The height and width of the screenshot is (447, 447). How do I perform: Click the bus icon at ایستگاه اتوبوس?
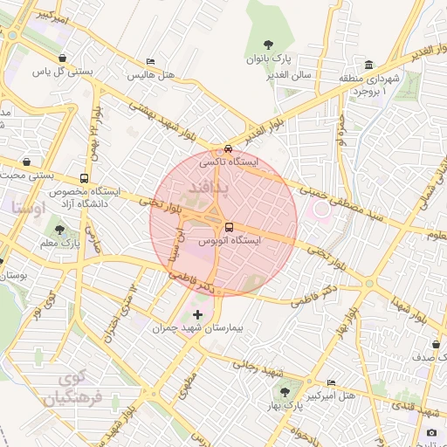pos(229,227)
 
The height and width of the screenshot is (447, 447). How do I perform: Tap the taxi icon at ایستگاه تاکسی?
pos(228,148)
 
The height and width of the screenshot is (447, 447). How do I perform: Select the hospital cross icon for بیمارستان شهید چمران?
pos(197,313)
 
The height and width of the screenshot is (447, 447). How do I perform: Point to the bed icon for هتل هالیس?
pos(151,62)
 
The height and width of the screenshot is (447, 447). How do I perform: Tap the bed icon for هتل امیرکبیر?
pos(330,383)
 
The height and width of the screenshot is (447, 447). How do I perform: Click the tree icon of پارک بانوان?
pos(266,45)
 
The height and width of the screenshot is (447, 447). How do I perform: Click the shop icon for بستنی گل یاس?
pos(62,58)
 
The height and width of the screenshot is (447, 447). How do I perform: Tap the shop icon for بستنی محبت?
pos(27,162)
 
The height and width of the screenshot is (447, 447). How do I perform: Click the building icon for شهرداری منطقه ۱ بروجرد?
pos(369,65)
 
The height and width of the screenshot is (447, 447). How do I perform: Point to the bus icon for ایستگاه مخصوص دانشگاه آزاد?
pos(84,178)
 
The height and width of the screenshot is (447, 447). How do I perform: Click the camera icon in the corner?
pos(431,432)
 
